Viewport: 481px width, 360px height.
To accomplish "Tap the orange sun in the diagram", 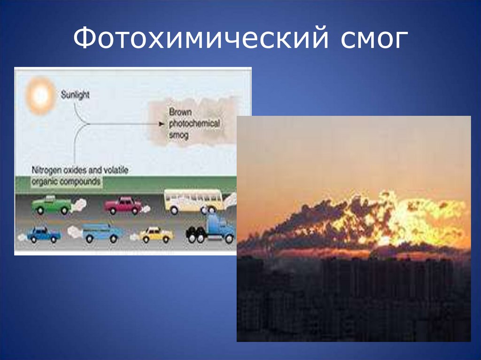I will point(40,96).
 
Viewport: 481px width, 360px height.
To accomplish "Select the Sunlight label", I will point(75,95).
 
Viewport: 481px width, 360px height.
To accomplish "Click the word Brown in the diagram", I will point(178,113).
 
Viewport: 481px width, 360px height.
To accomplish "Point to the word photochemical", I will point(194,124).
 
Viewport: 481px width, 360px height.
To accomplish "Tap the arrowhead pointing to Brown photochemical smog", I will point(162,124).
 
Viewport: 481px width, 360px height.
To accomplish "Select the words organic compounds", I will point(66,181).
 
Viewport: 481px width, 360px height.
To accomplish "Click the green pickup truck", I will point(51,205).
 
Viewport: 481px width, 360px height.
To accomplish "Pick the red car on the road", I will point(123,205).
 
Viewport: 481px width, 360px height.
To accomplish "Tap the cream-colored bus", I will point(193,200).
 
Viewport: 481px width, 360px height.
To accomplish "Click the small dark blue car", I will point(43,234).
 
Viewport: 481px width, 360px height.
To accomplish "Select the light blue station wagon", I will point(102,232).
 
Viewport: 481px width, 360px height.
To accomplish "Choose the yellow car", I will point(156,234).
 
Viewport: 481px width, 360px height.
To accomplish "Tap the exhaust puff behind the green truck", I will point(80,204).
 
